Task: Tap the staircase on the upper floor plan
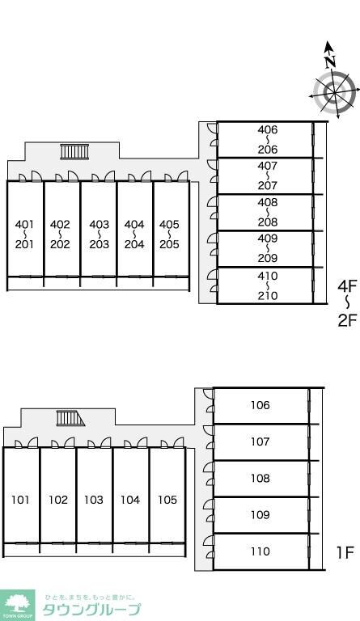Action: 74,152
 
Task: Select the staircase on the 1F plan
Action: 70,418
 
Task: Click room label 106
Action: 260,405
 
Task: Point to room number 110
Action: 260,551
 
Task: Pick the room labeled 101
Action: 20,500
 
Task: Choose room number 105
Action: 167,500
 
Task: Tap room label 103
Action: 94,500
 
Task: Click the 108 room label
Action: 260,479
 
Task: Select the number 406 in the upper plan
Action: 268,129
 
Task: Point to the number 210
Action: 268,295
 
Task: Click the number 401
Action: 24,225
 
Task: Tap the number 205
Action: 170,244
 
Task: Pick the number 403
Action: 99,225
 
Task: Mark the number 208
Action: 268,222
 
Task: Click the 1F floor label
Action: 345,552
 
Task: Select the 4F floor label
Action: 347,286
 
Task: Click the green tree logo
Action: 18,606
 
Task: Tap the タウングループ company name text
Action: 91,610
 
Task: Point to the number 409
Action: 268,239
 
